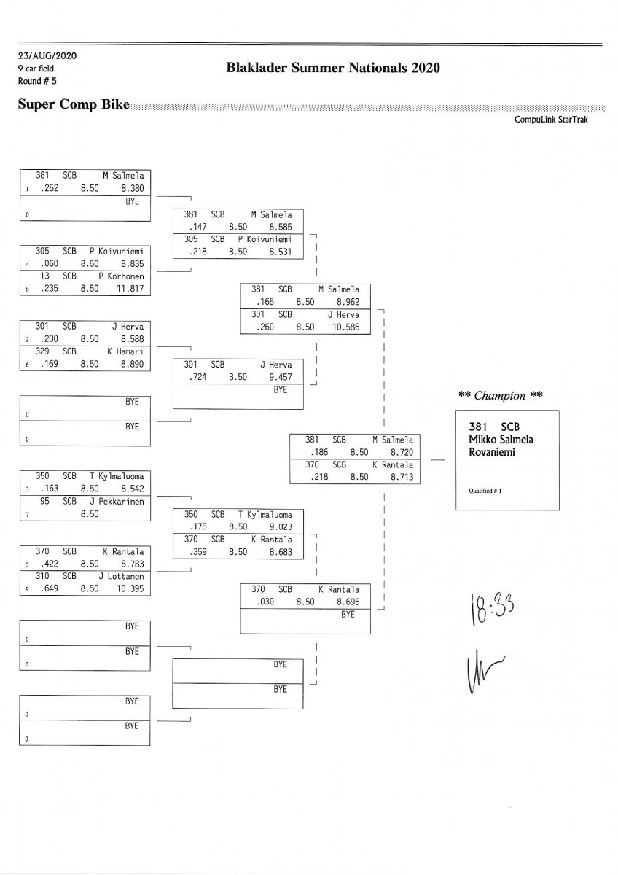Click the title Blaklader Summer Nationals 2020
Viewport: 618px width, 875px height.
tap(334, 69)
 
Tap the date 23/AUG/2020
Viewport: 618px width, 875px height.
tap(47, 56)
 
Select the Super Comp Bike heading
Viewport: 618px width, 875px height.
tap(73, 105)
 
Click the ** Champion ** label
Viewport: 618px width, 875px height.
tap(501, 396)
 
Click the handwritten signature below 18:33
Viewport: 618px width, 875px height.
tap(480, 668)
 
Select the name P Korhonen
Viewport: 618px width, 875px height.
tap(122, 276)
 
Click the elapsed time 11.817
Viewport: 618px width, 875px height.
tap(132, 289)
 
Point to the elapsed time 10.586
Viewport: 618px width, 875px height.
tap(346, 327)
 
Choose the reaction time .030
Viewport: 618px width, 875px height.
tap(263, 602)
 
